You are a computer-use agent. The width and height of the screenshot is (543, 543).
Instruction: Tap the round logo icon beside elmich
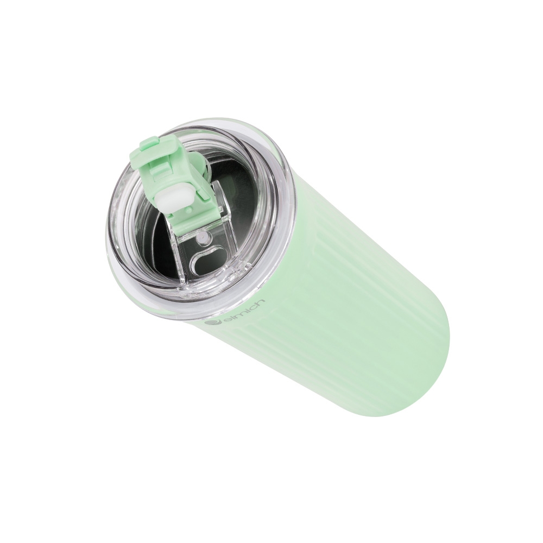click(x=212, y=323)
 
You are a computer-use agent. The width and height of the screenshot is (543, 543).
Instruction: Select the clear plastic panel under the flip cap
click(x=201, y=239)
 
